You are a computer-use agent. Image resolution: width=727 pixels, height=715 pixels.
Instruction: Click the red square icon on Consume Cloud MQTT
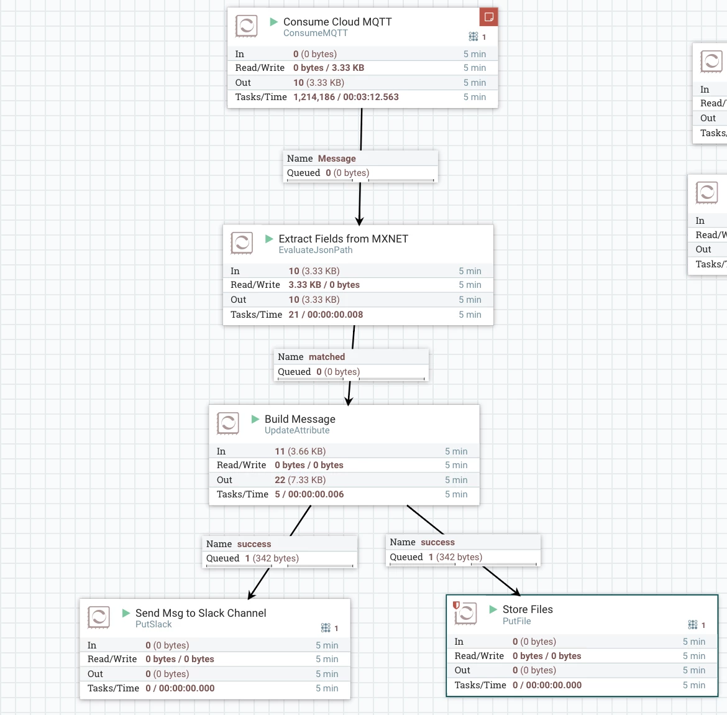pyautogui.click(x=488, y=17)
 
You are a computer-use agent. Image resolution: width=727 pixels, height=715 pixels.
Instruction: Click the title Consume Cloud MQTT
pyautogui.click(x=337, y=22)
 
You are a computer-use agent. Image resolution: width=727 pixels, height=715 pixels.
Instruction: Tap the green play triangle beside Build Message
pyautogui.click(x=255, y=419)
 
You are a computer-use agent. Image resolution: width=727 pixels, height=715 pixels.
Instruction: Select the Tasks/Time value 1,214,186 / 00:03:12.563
pyautogui.click(x=346, y=97)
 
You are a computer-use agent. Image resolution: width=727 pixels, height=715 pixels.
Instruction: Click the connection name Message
pyautogui.click(x=337, y=159)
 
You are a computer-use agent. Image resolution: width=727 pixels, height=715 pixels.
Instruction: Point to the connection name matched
pyautogui.click(x=327, y=357)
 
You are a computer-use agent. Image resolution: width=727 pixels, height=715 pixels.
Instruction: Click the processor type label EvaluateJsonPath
pyautogui.click(x=316, y=250)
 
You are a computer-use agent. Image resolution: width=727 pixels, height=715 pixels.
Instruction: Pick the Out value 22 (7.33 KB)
pyautogui.click(x=300, y=480)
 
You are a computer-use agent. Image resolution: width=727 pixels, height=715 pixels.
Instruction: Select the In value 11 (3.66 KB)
pyautogui.click(x=300, y=451)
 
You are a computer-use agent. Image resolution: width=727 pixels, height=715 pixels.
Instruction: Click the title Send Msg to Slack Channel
pyautogui.click(x=201, y=613)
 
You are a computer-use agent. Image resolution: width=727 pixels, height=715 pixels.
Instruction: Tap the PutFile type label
pyautogui.click(x=516, y=621)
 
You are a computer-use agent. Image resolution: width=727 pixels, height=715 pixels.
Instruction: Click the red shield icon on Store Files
pyautogui.click(x=456, y=605)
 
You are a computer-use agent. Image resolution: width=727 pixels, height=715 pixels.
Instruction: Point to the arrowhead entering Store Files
pyautogui.click(x=516, y=591)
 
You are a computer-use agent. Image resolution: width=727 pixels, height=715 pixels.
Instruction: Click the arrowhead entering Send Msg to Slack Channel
pyautogui.click(x=251, y=594)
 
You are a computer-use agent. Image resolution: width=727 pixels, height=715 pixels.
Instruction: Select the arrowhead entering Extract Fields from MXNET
pyautogui.click(x=359, y=220)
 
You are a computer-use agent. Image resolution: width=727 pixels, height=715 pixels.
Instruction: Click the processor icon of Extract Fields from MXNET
pyautogui.click(x=242, y=243)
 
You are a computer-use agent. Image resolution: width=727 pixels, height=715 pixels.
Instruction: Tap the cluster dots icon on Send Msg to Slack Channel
pyautogui.click(x=326, y=628)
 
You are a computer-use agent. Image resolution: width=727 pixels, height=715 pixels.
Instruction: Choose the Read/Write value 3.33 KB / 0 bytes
pyautogui.click(x=324, y=285)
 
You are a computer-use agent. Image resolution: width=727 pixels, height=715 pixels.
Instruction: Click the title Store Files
pyautogui.click(x=528, y=609)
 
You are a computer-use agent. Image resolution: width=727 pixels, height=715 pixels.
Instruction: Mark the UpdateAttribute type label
pyautogui.click(x=297, y=431)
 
